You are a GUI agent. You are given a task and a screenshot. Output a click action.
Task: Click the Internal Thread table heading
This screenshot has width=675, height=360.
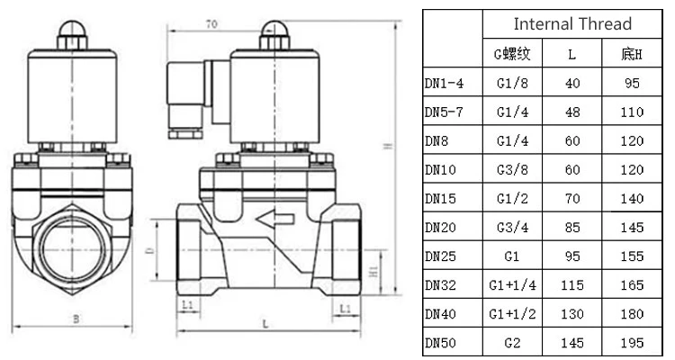coord(572,23)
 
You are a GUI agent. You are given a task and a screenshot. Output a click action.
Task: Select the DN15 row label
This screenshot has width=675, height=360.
coord(440,199)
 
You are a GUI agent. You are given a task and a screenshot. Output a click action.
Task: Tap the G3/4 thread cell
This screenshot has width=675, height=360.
coord(512,228)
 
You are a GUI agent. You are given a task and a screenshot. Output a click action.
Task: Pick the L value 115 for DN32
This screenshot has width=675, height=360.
coord(572,285)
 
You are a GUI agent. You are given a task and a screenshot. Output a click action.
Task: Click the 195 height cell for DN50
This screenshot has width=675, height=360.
coord(632,343)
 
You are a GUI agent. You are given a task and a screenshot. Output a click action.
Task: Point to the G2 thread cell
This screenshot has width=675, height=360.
coord(512,343)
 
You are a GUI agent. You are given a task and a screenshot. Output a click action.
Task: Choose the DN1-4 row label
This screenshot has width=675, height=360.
coord(445,83)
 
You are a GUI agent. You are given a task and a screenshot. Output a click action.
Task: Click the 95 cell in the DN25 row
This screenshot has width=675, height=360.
coord(572,256)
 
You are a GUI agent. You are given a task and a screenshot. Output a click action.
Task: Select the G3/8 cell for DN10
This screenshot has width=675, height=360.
coord(512,170)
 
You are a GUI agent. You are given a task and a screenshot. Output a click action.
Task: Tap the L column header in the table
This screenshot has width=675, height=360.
coord(572,55)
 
